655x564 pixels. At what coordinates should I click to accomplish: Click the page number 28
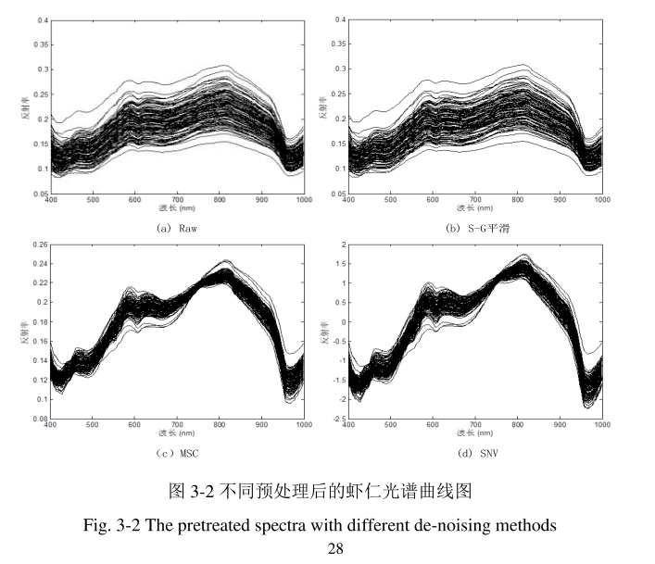coord(336,548)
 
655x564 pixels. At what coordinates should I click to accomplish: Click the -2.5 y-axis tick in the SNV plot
coord(339,420)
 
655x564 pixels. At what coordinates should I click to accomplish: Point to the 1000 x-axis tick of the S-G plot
coord(601,199)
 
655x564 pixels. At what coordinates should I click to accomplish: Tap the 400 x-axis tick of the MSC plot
coord(51,424)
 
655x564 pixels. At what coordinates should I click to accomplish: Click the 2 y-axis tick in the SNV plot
coord(343,244)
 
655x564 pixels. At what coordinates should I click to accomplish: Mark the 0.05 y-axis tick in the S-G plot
coord(338,194)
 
